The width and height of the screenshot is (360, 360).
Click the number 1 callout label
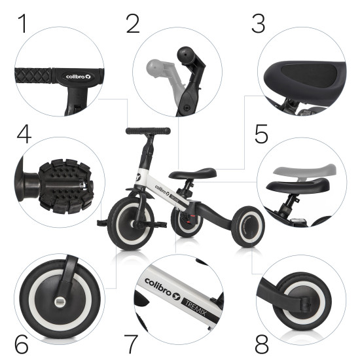tap(23, 24)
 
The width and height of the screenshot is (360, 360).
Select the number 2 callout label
tap(133, 24)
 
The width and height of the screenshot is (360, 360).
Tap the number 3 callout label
tap(259, 24)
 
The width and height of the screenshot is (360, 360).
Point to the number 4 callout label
tap(24, 134)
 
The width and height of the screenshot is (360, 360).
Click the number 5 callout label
tap(261, 134)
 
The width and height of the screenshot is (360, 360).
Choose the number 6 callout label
tap(22, 344)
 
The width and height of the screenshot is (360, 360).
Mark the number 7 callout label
tap(131, 344)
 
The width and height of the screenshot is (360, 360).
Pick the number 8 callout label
tap(262, 344)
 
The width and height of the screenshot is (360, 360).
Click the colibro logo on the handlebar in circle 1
tap(79, 77)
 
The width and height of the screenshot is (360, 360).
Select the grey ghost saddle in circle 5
tap(304, 171)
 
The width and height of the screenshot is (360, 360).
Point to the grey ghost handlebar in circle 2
tap(164, 77)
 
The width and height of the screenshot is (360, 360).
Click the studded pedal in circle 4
tap(66, 186)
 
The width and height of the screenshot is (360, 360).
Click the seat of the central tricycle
tap(192, 173)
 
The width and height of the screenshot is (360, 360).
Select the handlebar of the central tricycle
tap(148, 131)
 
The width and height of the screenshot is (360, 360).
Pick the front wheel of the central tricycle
tap(131, 224)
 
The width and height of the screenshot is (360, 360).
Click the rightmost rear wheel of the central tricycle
tap(249, 226)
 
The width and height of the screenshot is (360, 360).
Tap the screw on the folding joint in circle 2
tap(187, 107)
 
